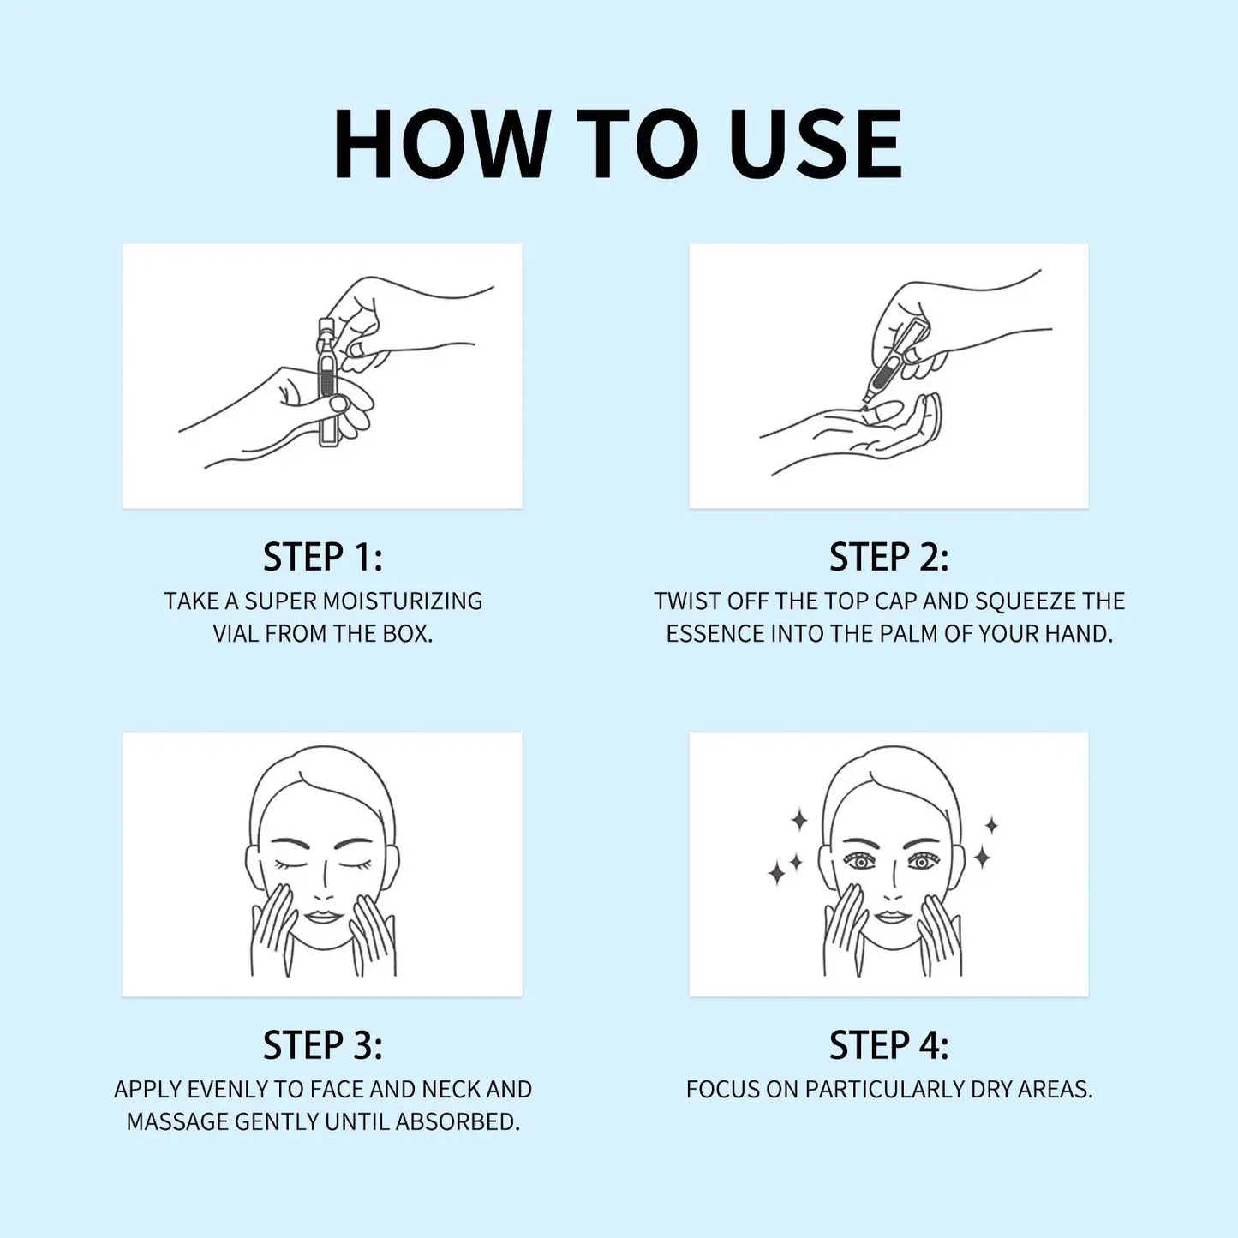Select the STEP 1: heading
(x=322, y=557)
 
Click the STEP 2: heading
(x=888, y=557)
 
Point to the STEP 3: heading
(x=322, y=1045)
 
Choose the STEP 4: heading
(x=888, y=1045)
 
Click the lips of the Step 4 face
(x=891, y=918)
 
